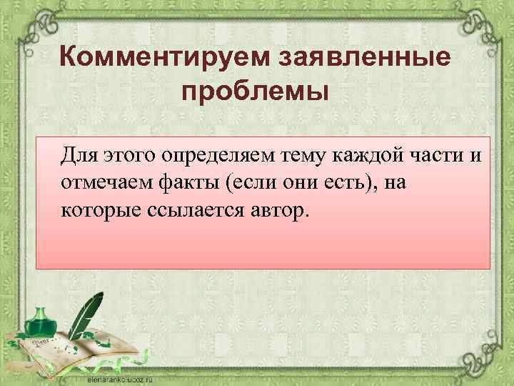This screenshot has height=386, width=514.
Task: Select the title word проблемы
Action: click(x=256, y=93)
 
